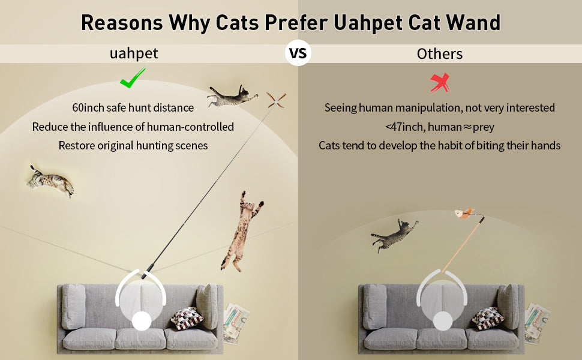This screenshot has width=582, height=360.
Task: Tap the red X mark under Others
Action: tap(440, 82)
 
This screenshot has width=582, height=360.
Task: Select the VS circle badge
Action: tap(298, 53)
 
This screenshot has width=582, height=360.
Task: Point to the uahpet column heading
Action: tap(134, 53)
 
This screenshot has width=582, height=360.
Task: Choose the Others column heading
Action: tap(440, 54)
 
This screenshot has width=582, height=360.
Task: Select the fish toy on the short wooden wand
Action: tap(464, 213)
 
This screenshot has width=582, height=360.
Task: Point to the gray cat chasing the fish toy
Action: tap(394, 232)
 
